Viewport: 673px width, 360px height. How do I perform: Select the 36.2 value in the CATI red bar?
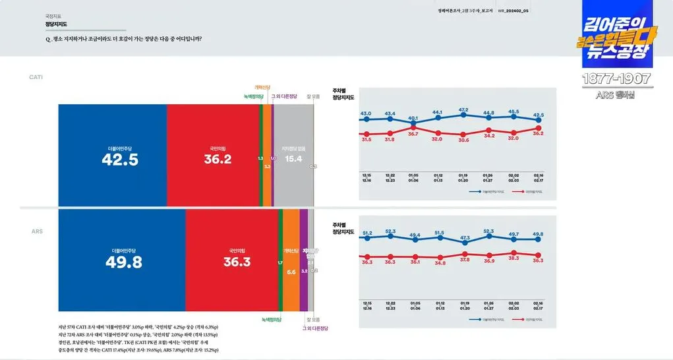218,159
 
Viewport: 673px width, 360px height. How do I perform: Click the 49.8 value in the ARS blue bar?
124,262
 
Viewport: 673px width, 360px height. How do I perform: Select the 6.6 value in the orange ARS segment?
291,272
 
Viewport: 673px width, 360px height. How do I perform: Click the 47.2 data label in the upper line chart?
463,110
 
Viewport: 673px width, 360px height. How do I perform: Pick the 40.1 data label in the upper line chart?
413,118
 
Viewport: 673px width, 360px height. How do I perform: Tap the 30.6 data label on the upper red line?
463,140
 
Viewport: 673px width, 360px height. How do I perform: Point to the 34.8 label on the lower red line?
440,262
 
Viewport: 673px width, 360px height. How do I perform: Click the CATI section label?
36,77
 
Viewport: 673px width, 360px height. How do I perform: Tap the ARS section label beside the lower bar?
37,232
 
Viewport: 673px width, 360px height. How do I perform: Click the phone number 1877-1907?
616,79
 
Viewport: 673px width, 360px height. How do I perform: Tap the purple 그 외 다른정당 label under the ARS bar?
315,328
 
